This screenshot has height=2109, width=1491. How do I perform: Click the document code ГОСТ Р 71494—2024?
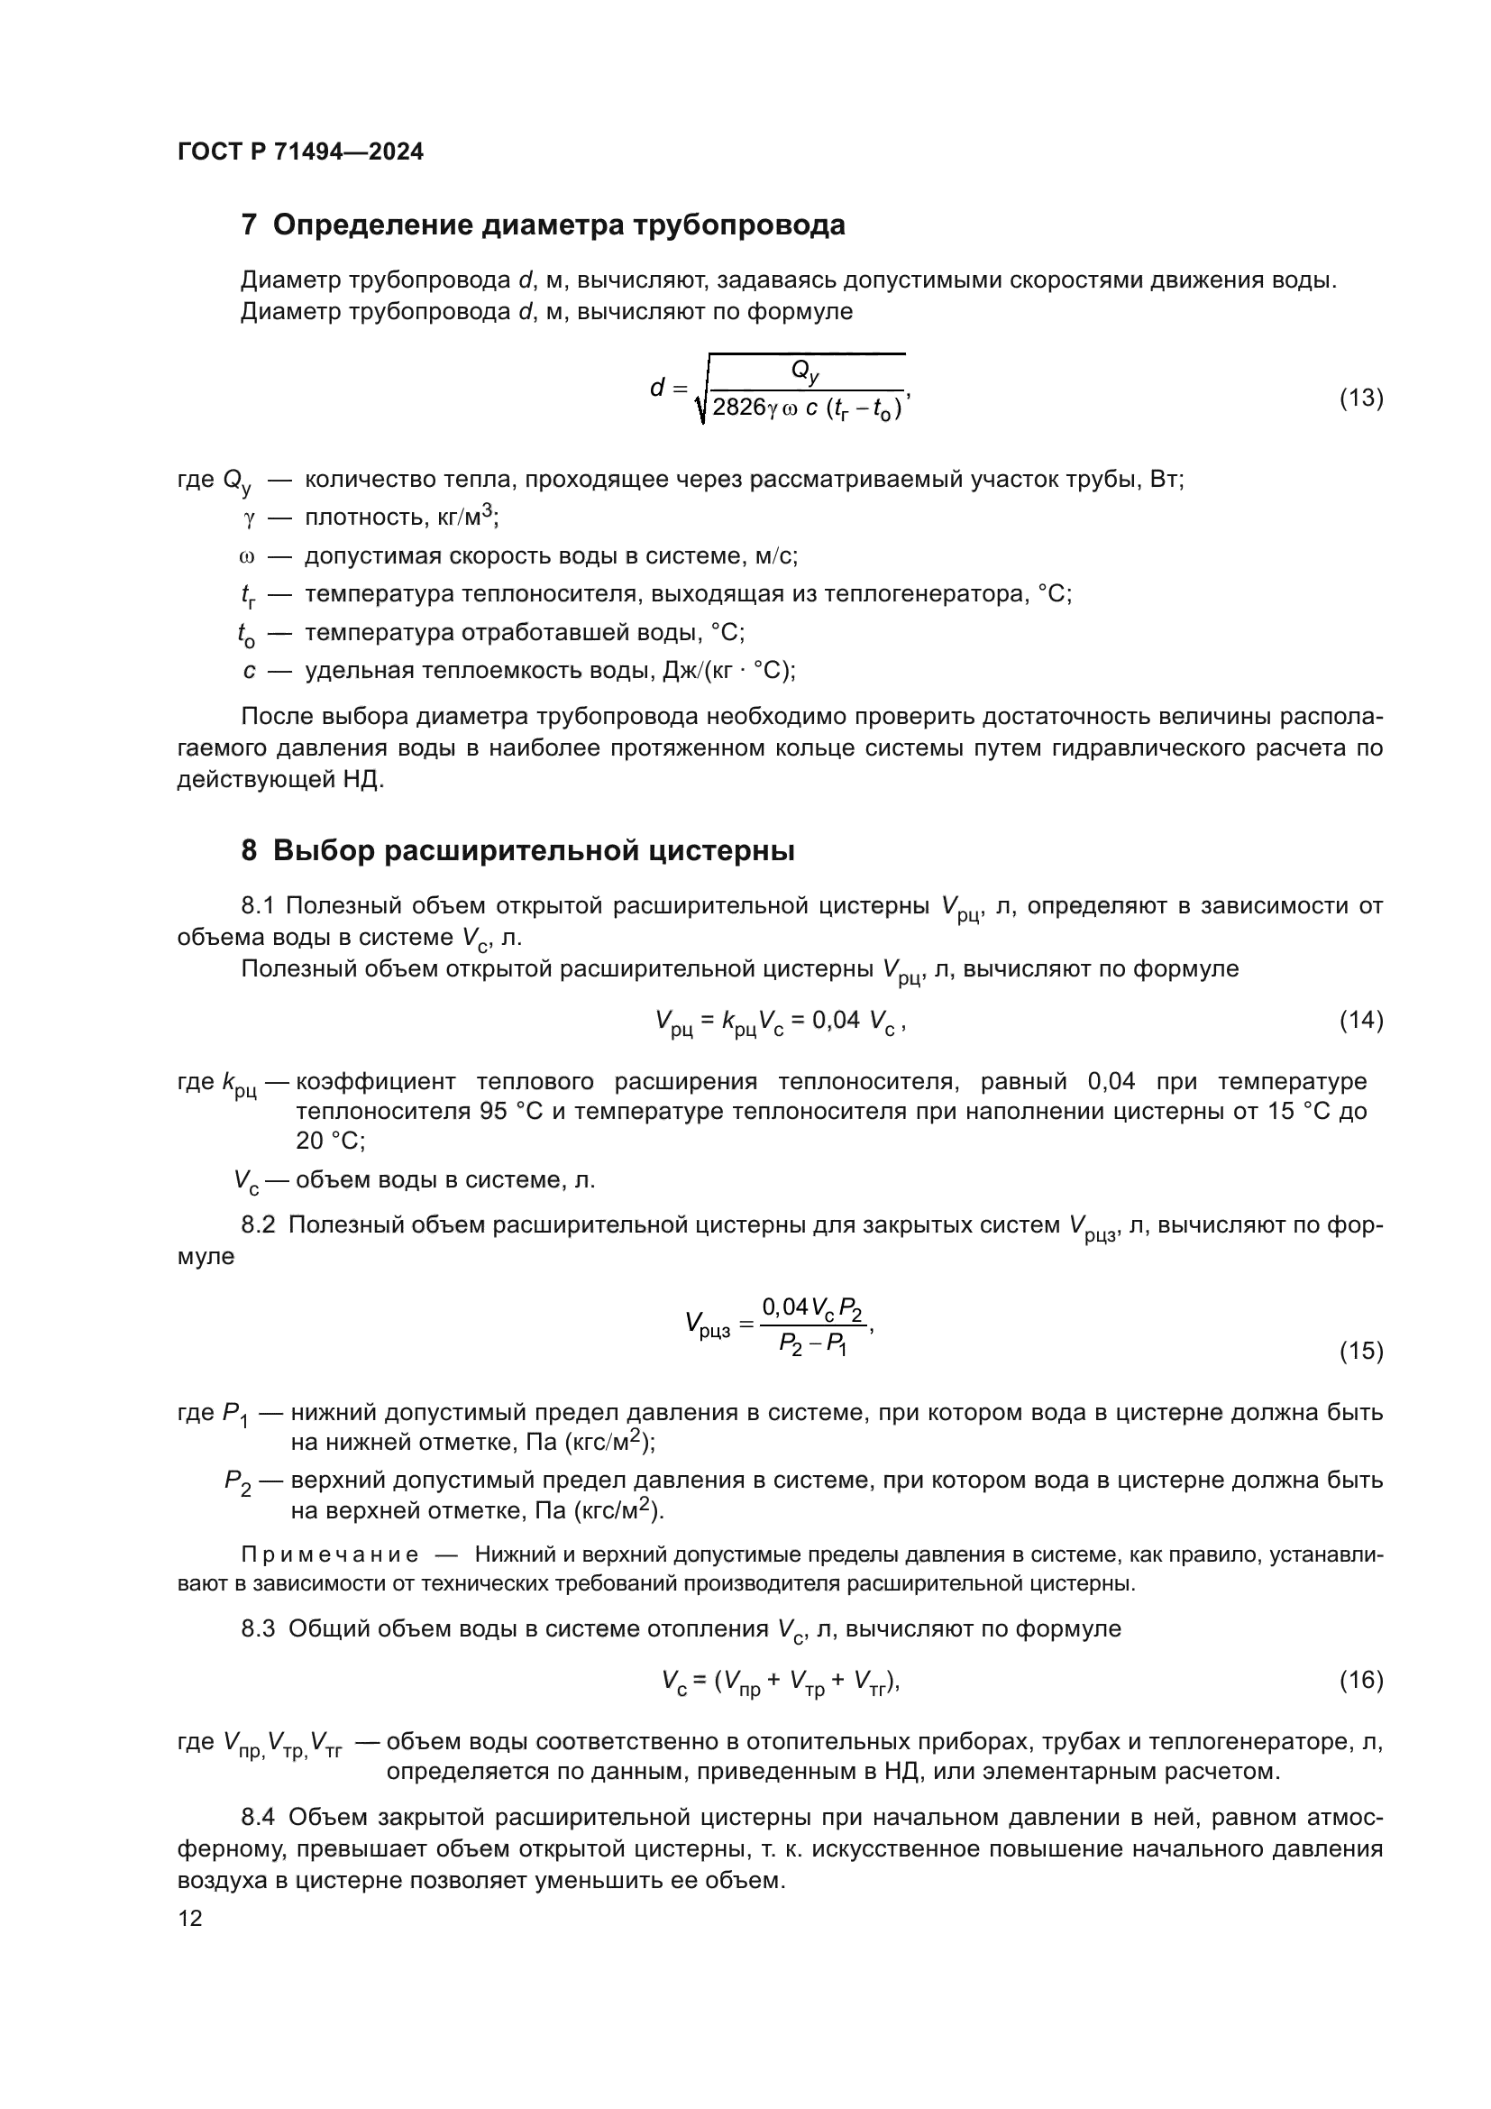[300, 152]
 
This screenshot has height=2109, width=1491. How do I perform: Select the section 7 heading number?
[249, 225]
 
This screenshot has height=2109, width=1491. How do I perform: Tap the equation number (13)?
[1360, 398]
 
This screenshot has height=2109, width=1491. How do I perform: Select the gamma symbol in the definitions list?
[248, 519]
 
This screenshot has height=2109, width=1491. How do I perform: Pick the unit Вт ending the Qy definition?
[1164, 480]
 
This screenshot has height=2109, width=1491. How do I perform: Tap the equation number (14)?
[1360, 1021]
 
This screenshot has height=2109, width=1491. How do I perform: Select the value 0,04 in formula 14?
[836, 1020]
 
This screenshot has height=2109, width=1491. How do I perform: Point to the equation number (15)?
[1360, 1352]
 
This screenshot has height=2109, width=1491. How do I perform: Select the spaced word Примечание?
[330, 1555]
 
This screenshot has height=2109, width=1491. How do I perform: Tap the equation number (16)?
[1360, 1681]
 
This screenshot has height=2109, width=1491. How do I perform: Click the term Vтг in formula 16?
[868, 1683]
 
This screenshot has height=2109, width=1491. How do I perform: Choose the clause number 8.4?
[258, 1818]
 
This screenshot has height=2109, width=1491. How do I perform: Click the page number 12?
[190, 1919]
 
